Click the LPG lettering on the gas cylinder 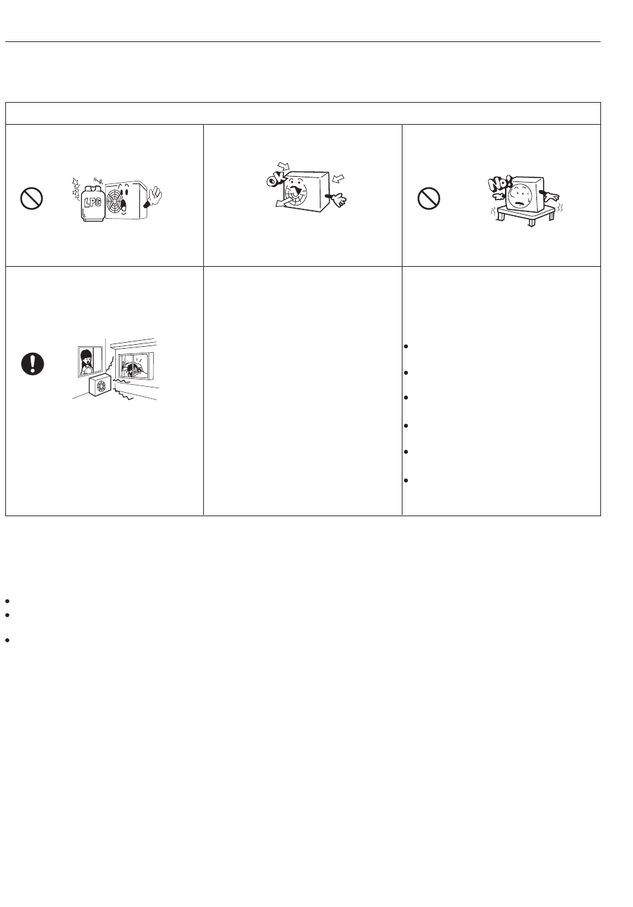[93, 201]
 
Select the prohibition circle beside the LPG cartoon [31, 199]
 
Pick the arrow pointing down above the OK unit [284, 166]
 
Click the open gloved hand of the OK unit [337, 199]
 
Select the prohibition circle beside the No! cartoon [428, 199]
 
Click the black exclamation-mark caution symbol [33, 363]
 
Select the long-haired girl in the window [86, 362]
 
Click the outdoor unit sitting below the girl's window [100, 386]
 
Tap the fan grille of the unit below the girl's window [101, 387]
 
